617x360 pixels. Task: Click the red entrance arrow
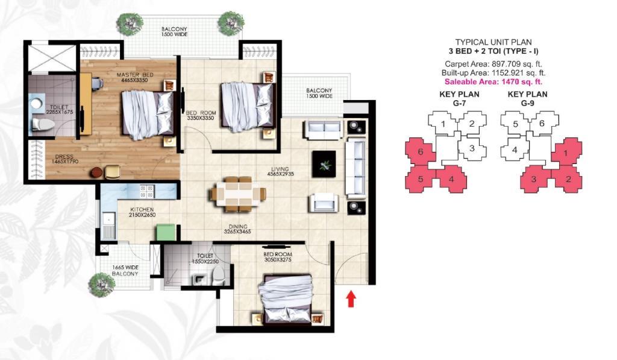coord(351,299)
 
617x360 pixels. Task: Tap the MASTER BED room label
coord(135,75)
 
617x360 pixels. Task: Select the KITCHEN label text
coord(142,209)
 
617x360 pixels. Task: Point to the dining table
coord(238,195)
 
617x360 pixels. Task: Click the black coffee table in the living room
coord(324,164)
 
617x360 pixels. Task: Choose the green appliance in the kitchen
coord(165,232)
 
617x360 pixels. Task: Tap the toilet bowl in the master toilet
coord(42,124)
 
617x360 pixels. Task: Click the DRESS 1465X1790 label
coord(64,159)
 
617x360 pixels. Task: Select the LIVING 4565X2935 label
coord(281,171)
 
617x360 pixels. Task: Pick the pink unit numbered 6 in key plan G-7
coord(420,151)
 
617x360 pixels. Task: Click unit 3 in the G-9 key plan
coord(534,179)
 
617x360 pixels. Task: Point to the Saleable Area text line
coord(493,82)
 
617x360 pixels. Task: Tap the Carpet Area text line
coord(493,64)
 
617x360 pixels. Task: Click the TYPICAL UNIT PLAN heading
coord(493,42)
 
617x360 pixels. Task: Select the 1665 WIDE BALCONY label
coord(125,270)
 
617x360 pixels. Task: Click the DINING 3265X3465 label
coord(237,229)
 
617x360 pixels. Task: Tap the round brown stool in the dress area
coord(96,172)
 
